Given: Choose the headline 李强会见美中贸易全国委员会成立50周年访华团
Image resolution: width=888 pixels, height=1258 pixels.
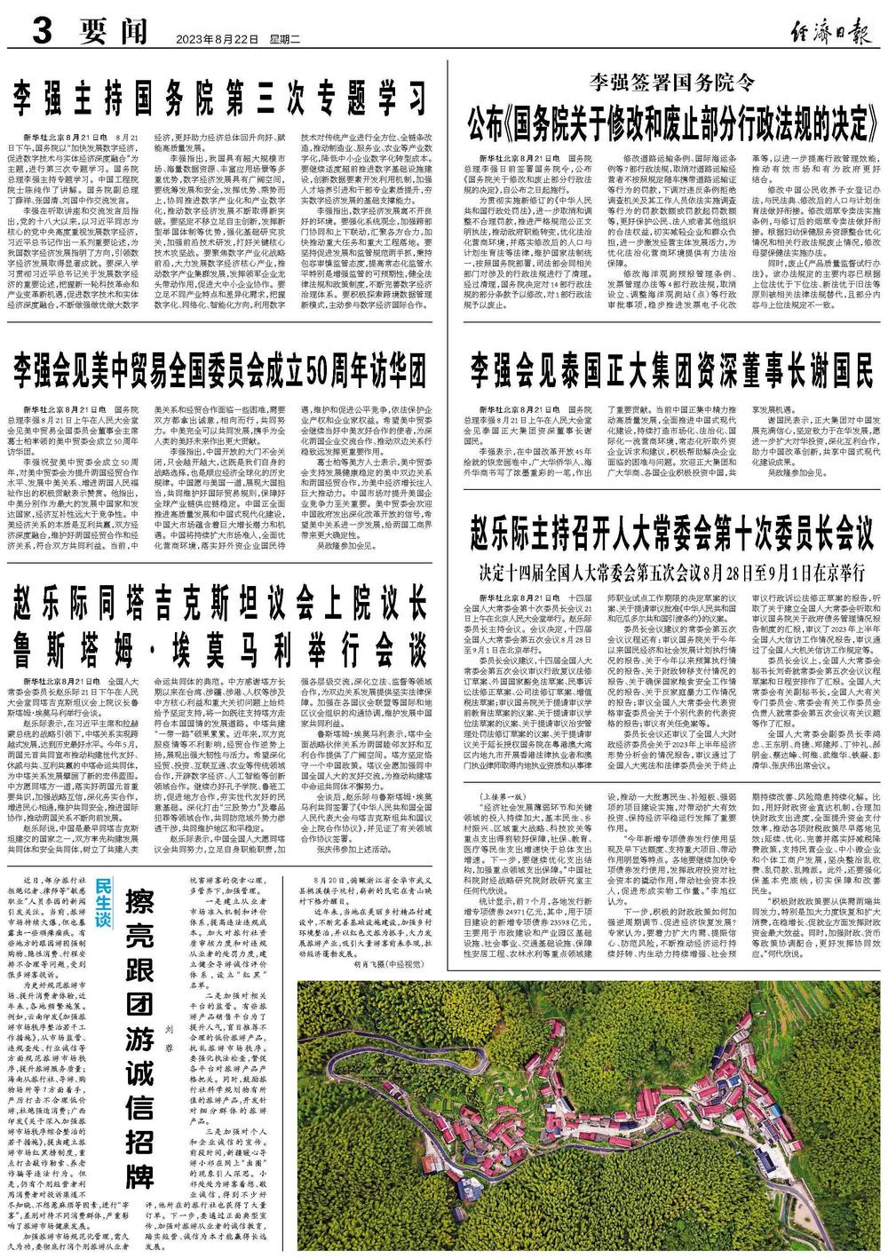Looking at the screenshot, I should click(x=220, y=367).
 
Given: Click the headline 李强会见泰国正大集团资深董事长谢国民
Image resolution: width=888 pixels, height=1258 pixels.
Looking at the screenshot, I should click(x=671, y=367).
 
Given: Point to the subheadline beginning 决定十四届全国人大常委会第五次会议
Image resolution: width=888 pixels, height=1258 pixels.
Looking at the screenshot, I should click(x=671, y=567).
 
